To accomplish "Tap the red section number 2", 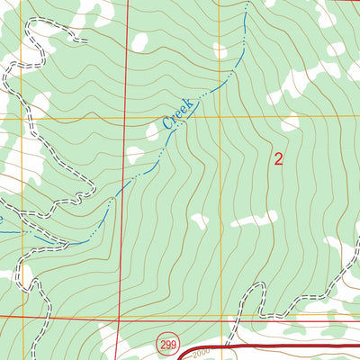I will point(278,160).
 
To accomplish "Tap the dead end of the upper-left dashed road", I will point(85,40).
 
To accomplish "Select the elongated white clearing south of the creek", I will point(253,219).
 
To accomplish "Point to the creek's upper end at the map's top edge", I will point(245,3).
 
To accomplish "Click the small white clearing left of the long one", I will point(199,220).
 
